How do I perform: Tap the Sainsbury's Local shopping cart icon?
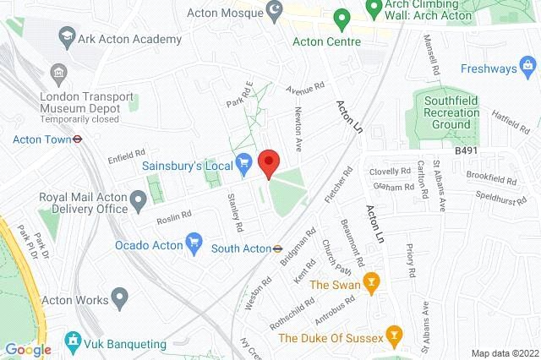pyautogui.click(x=243, y=159)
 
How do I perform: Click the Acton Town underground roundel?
pyautogui.click(x=76, y=141)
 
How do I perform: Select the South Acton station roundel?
pyautogui.click(x=276, y=248)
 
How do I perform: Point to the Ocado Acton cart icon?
pyautogui.click(x=194, y=244)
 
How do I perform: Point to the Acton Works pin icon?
pyautogui.click(x=120, y=297)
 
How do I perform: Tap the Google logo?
pyautogui.click(x=28, y=350)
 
